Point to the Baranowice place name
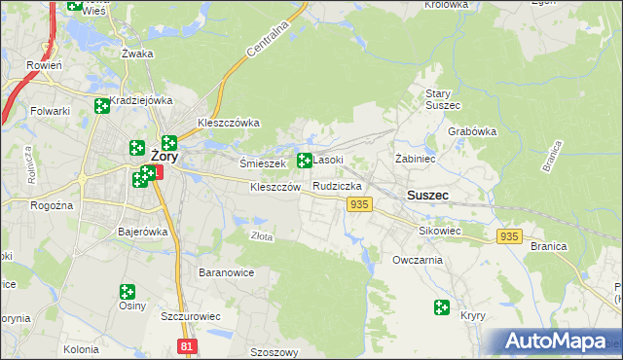[226, 272]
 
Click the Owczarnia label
[418, 260]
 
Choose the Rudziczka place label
[338, 185]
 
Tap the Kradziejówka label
[141, 100]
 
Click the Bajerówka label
[143, 233]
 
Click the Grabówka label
[472, 131]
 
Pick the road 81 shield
[188, 345]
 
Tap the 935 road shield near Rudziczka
[359, 203]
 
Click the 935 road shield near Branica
[508, 236]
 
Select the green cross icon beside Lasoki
[305, 160]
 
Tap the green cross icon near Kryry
[442, 307]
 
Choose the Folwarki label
[50, 111]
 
